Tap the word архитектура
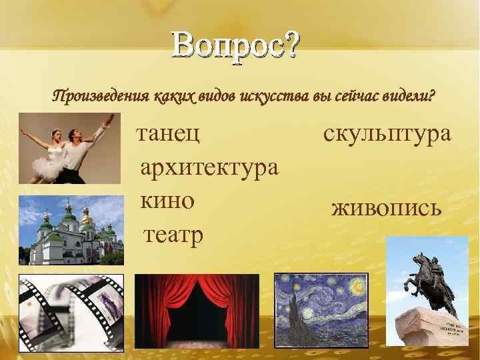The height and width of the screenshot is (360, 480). [209, 167]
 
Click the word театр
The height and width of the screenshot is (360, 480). [173, 234]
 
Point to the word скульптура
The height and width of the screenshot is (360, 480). [387, 133]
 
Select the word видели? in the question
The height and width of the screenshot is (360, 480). [408, 97]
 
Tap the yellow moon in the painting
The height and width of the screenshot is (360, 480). [358, 286]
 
